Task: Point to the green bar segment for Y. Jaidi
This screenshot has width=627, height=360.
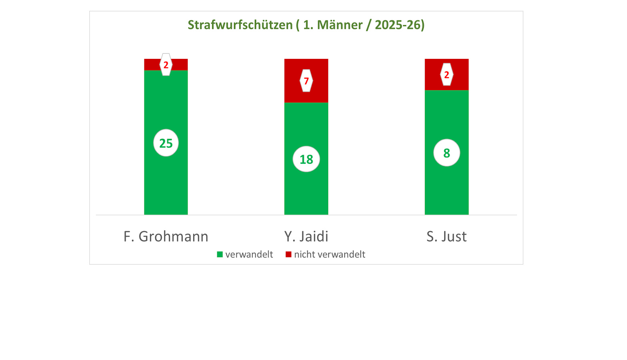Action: tap(306, 192)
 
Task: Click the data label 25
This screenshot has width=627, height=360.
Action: tap(166, 143)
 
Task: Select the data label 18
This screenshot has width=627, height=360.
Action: tap(306, 159)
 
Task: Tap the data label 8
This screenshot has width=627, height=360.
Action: tap(447, 153)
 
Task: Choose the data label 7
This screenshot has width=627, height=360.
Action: tap(306, 81)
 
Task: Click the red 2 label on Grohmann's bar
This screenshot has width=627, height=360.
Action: tap(166, 64)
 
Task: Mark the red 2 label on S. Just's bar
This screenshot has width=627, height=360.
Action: tap(447, 74)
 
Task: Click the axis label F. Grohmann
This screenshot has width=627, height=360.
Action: tap(166, 236)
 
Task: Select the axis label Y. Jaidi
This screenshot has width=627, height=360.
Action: tap(306, 236)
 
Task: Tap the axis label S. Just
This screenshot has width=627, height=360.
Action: tap(447, 236)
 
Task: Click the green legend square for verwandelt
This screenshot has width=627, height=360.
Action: tap(220, 254)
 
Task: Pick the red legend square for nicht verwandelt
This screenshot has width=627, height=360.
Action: tap(288, 254)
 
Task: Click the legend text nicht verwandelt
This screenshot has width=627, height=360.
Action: tap(329, 254)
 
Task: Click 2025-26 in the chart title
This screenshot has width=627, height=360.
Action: tap(398, 25)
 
